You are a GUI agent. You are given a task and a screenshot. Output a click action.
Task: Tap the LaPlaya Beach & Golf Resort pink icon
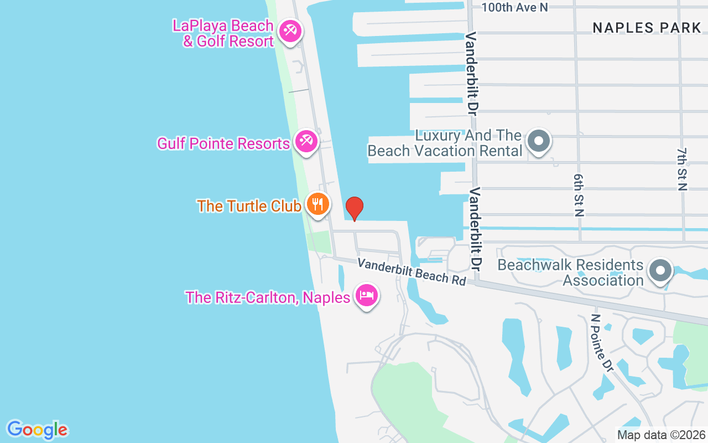click(x=289, y=31)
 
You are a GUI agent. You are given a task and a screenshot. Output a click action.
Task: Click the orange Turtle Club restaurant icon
click(x=317, y=204)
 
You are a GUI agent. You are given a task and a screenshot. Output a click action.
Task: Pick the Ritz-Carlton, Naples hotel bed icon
click(x=366, y=295)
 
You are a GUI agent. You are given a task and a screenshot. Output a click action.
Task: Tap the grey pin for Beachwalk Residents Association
click(x=660, y=271)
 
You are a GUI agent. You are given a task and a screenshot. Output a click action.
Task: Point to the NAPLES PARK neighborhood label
click(x=647, y=28)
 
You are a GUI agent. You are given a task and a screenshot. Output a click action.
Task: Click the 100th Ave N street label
click(x=514, y=7)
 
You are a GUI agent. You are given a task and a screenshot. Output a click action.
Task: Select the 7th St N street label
click(x=682, y=169)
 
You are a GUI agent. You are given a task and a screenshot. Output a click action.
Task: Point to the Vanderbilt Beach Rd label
click(x=412, y=271)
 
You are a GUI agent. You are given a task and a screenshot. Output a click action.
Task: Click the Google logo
click(x=37, y=430)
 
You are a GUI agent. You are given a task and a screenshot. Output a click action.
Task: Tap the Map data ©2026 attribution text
click(x=662, y=435)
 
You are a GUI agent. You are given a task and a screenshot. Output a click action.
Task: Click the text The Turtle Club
click(x=249, y=206)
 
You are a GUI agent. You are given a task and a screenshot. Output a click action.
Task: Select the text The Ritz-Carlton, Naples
click(x=268, y=297)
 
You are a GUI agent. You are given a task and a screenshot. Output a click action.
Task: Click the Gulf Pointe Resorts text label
click(x=223, y=143)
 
